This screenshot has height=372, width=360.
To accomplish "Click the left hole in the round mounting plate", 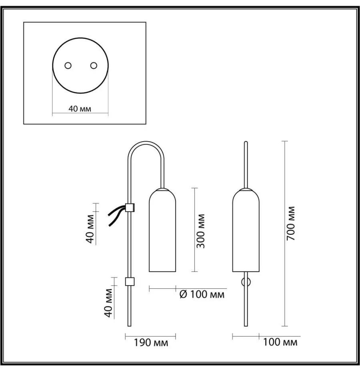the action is click(68, 66).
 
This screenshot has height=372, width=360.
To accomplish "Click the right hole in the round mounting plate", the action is click(94, 66).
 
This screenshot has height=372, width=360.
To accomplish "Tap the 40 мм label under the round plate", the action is click(80, 109).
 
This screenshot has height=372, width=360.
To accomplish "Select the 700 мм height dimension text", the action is click(290, 224).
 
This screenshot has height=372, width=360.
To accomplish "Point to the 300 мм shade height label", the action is click(201, 231).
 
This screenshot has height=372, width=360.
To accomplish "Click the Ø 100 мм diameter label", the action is click(202, 294).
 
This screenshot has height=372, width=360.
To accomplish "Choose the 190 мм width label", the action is click(151, 342).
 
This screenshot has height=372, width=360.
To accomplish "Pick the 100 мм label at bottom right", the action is click(280, 342).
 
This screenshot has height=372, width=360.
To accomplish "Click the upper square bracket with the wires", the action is click(130, 207).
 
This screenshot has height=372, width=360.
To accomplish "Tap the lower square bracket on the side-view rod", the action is click(130, 281).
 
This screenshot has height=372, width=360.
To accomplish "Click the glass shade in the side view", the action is click(162, 230).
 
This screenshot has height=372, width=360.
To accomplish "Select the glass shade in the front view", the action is click(246, 230).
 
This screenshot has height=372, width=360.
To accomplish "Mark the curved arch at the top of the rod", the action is click(146, 142).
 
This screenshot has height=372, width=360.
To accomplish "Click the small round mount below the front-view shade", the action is click(246, 282).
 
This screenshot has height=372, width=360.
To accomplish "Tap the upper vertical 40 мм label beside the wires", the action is click(90, 229).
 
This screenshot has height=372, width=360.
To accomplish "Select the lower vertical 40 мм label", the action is click(108, 303).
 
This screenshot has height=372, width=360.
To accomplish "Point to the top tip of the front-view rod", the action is click(246, 142).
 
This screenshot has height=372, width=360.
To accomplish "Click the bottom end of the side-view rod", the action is click(129, 326).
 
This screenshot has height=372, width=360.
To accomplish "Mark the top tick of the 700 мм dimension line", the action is click(285, 141).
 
